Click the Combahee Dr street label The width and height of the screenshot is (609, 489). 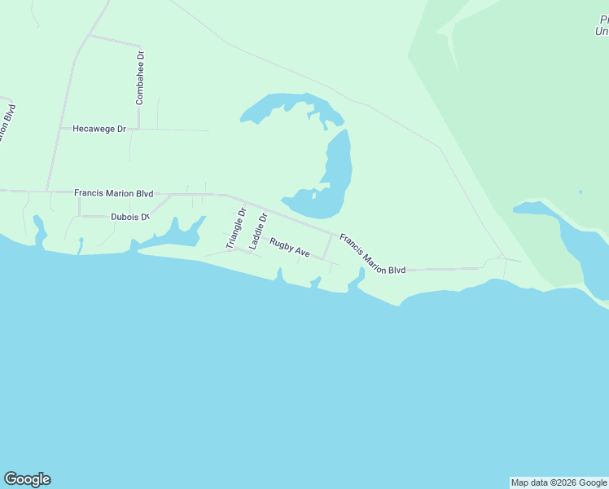coord(140,77)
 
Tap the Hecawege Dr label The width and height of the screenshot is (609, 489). coord(100,129)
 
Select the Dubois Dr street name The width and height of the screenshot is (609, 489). coord(130,217)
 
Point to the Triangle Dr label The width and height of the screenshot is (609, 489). coord(235,229)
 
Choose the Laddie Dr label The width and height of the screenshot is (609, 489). coord(257,231)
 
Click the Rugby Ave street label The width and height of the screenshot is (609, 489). coord(290,248)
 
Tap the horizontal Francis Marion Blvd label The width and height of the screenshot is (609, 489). coord(113,193)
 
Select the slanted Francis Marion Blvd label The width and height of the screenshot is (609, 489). coord(372,254)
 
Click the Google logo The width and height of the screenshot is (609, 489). coord(27,479)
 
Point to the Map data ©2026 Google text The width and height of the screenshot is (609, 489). coord(559,482)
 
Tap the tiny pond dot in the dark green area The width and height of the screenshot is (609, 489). coord(581,192)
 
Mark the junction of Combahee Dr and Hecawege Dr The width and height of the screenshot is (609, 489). coord(138,129)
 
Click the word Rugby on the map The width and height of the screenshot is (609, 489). coord(282,244)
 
